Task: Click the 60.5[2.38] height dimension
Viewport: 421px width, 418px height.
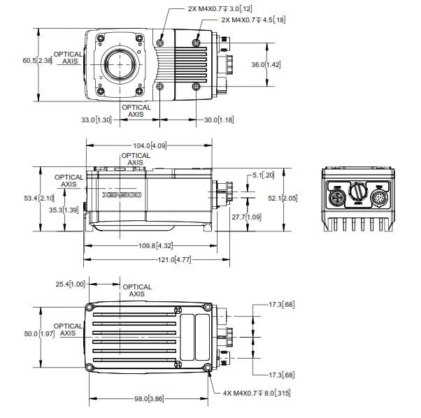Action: pyautogui.click(x=37, y=60)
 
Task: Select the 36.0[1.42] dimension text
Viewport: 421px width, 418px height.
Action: pyautogui.click(x=266, y=65)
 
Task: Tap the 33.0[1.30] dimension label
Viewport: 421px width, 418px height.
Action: pyautogui.click(x=97, y=120)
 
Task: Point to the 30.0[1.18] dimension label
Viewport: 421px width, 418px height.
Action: pyautogui.click(x=219, y=120)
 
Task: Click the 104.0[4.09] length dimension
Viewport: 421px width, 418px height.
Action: pyautogui.click(x=150, y=145)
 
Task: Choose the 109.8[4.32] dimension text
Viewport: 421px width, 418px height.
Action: pyautogui.click(x=156, y=245)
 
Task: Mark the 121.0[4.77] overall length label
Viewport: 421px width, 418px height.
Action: pyautogui.click(x=175, y=260)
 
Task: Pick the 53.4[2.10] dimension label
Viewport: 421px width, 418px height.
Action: pyautogui.click(x=39, y=199)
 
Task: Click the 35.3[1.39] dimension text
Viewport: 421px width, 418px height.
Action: pyautogui.click(x=64, y=210)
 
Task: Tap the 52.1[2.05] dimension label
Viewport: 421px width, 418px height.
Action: pyautogui.click(x=283, y=198)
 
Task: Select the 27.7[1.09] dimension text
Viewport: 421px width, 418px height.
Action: pyautogui.click(x=246, y=217)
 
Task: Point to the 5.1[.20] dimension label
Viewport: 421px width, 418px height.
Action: pyautogui.click(x=264, y=175)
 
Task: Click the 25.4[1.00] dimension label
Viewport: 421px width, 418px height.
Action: pyautogui.click(x=71, y=284)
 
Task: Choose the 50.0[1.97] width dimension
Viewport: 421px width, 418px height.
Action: pyautogui.click(x=39, y=333)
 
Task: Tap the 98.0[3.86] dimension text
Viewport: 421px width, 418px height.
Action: pyautogui.click(x=149, y=398)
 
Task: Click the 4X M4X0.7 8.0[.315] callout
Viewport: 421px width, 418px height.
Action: pyautogui.click(x=257, y=394)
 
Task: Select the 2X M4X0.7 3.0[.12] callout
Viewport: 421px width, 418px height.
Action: pyautogui.click(x=220, y=9)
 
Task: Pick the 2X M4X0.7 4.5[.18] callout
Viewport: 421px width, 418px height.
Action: pyautogui.click(x=253, y=20)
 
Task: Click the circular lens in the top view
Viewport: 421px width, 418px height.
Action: pyautogui.click(x=120, y=64)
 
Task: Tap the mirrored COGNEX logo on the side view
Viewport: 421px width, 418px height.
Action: pyautogui.click(x=122, y=195)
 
